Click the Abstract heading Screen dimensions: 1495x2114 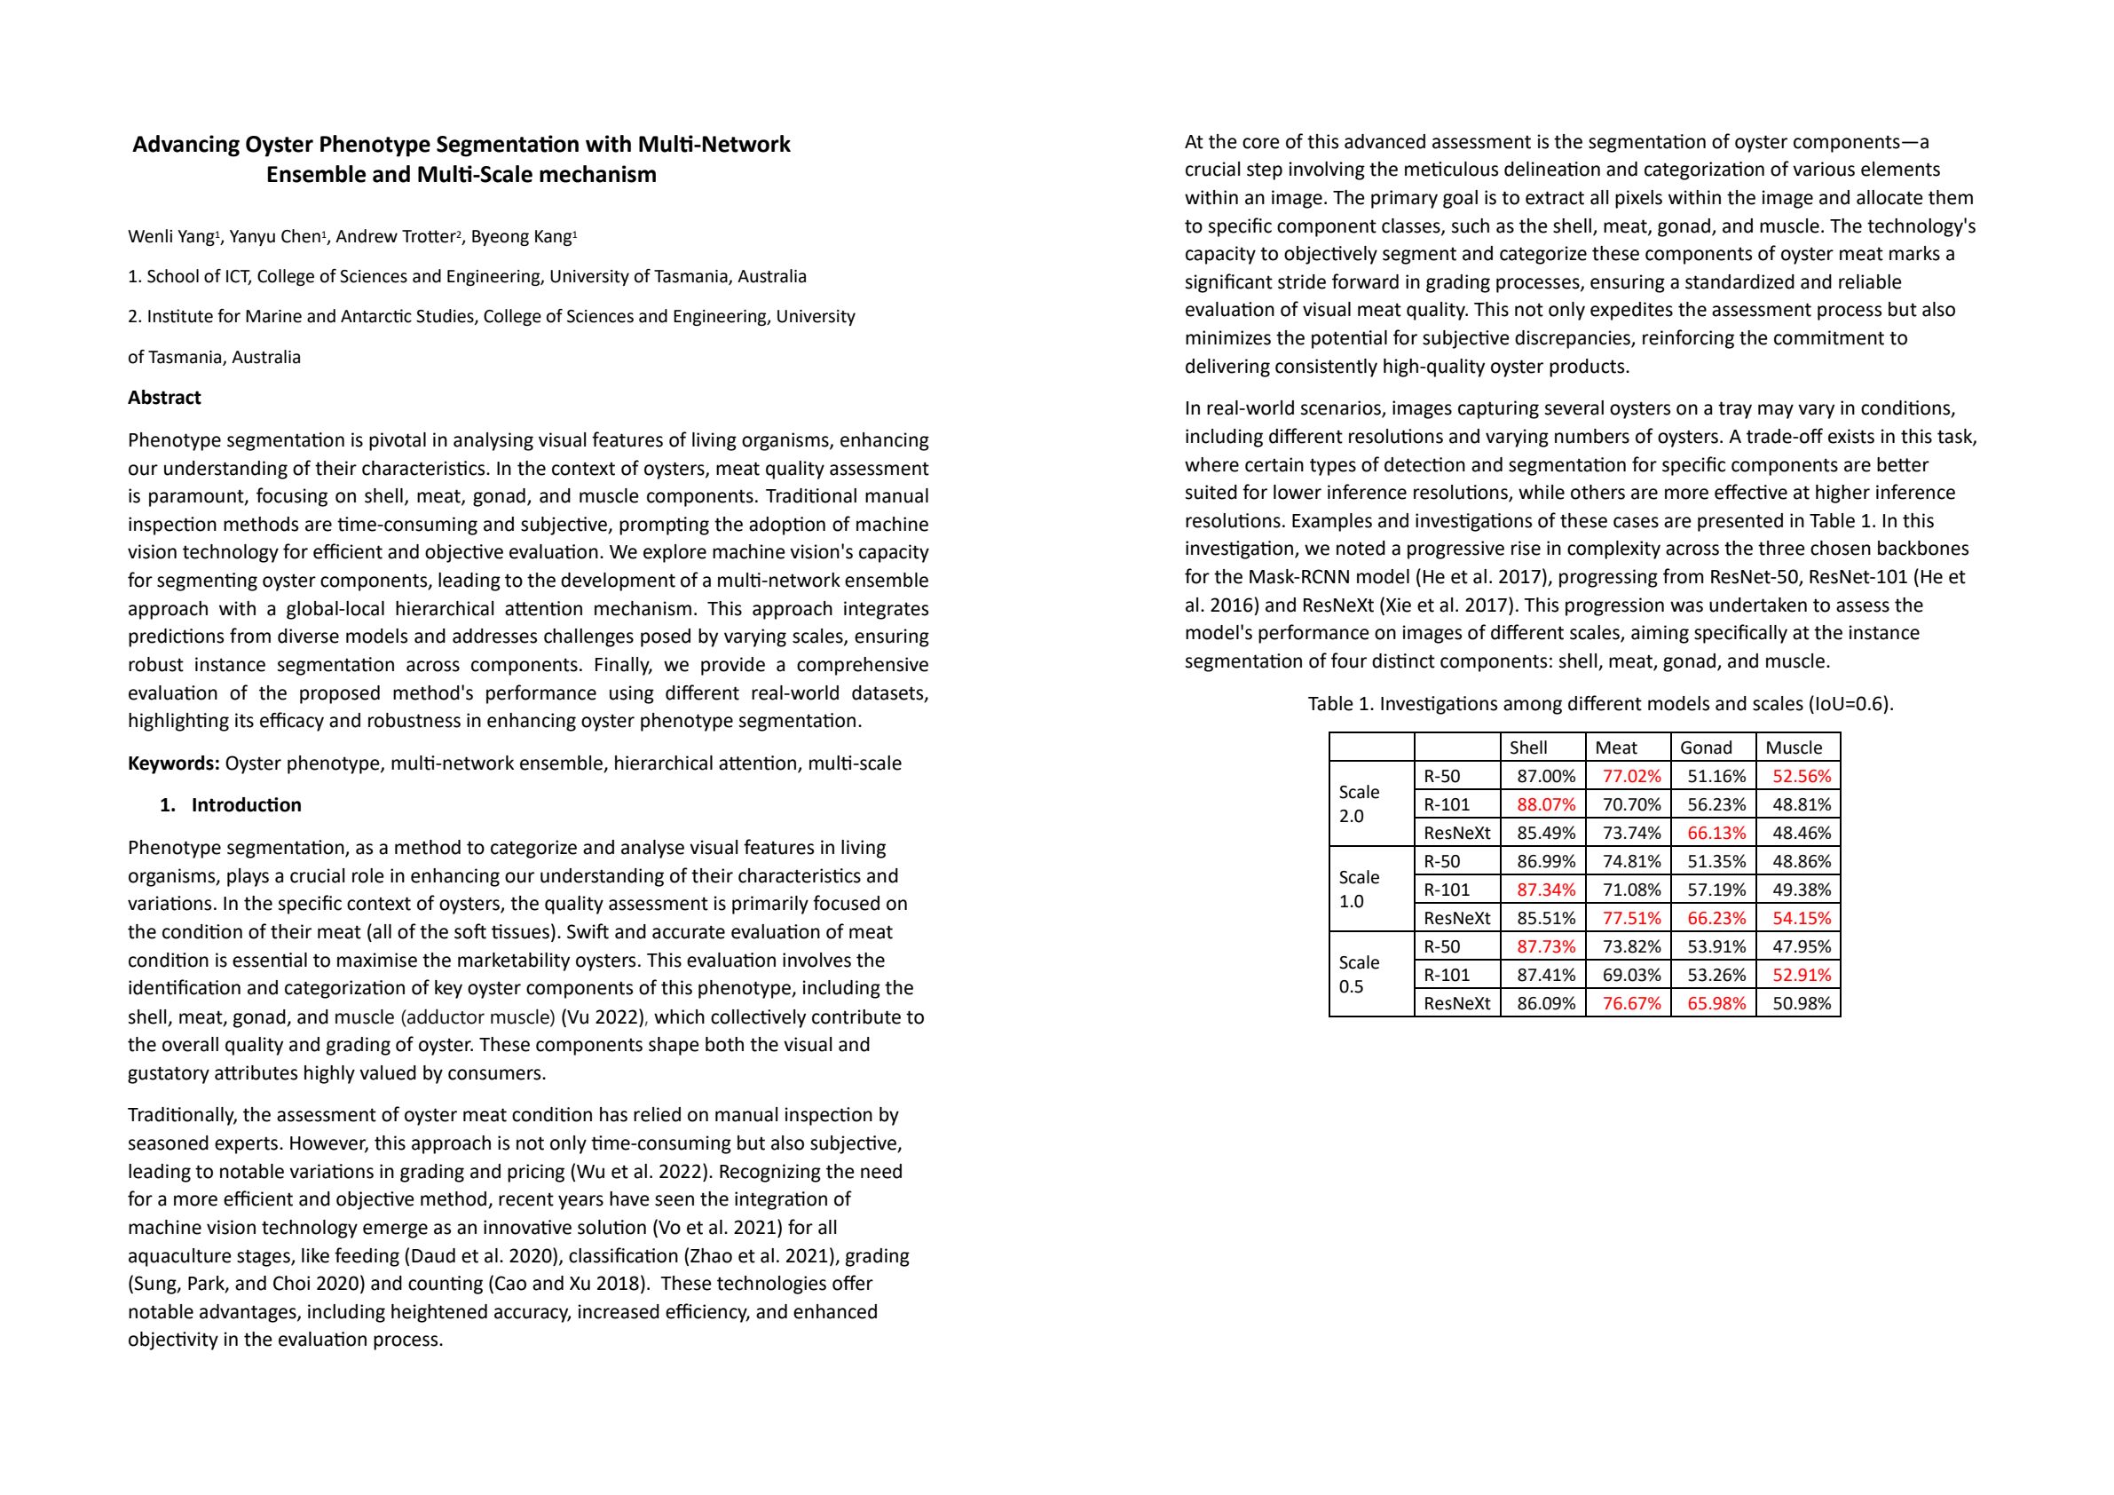pos(164,398)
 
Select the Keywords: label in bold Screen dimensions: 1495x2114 pos(173,763)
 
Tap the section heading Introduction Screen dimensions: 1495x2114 pos(246,805)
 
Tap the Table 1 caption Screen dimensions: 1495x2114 pos(1600,705)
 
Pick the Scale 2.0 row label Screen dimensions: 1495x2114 pos(1359,804)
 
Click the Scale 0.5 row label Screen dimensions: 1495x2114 pos(1359,975)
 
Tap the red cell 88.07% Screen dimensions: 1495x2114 pos(1546,805)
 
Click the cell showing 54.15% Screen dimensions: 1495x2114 pos(1801,918)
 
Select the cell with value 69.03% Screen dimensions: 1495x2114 pos(1631,976)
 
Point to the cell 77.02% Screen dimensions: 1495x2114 pos(1631,777)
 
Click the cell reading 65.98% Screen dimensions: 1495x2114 pos(1716,1004)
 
